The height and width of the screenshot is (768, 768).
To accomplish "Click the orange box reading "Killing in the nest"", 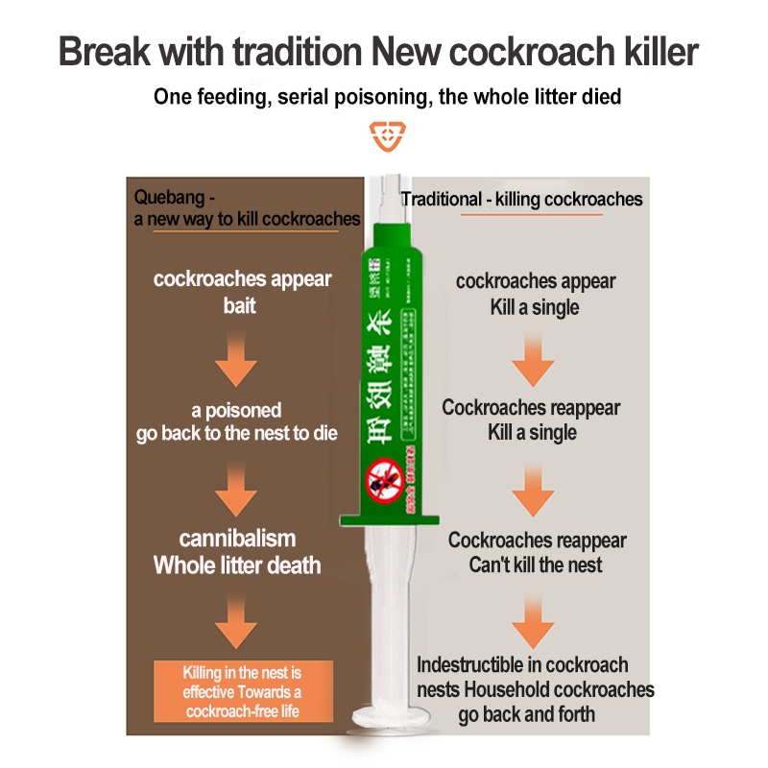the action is click(x=243, y=691).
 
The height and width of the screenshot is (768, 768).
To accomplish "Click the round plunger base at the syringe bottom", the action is click(x=385, y=716).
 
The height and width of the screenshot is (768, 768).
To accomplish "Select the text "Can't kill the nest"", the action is click(x=536, y=564).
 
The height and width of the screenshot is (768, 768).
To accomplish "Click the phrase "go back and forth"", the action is click(x=526, y=713).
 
